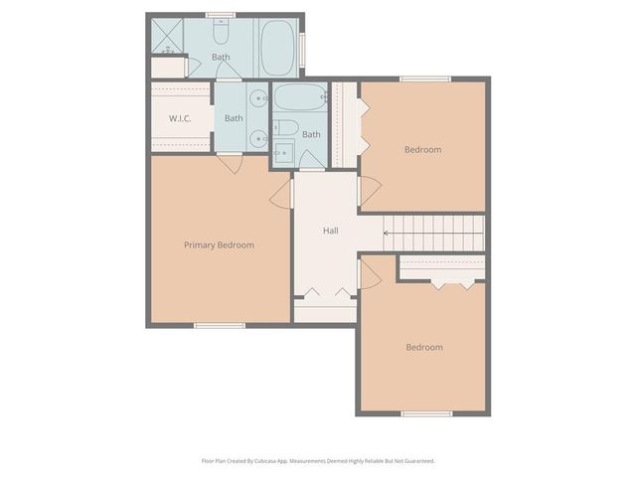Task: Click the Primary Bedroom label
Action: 219,244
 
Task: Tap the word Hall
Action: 330,231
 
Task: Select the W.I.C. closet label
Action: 180,119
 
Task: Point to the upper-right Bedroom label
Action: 422,149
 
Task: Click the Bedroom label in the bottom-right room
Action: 423,347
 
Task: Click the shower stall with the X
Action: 167,37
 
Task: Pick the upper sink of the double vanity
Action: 257,98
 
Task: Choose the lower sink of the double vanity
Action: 257,136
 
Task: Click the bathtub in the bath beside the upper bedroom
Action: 299,98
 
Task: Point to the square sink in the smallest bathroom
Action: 282,152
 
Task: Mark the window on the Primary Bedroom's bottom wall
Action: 219,325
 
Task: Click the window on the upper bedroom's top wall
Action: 424,79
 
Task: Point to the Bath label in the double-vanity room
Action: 233,118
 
